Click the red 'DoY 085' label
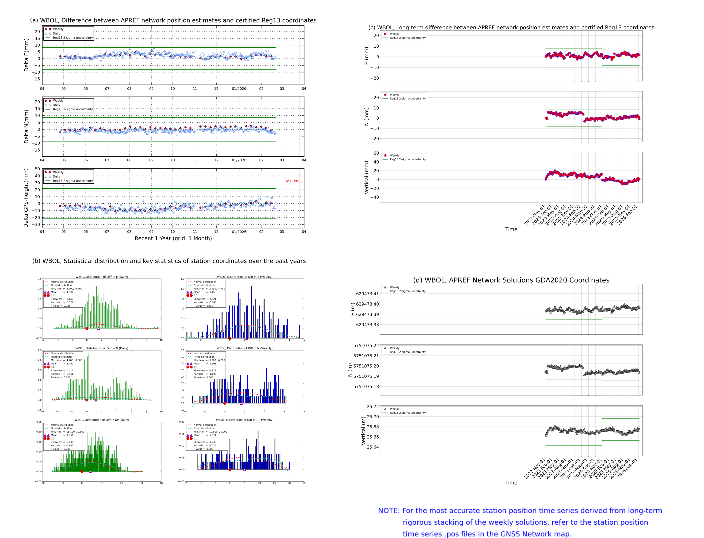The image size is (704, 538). coord(291,181)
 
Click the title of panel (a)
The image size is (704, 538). coord(173,20)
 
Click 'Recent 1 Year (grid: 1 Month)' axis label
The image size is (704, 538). coord(173,238)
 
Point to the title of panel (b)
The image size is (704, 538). coord(169,261)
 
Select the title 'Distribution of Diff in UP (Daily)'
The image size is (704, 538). coord(102,420)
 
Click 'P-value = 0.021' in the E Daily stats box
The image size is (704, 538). coord(61,306)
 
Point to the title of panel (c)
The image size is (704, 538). coord(511,27)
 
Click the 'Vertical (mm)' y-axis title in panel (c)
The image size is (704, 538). coord(366,177)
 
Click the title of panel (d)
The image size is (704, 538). coord(511,280)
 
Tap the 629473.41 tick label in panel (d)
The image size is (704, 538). coord(367,294)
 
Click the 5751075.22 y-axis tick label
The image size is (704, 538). coord(366,346)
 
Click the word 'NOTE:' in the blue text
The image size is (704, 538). coord(389,511)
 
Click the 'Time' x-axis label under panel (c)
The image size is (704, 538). coord(511,229)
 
